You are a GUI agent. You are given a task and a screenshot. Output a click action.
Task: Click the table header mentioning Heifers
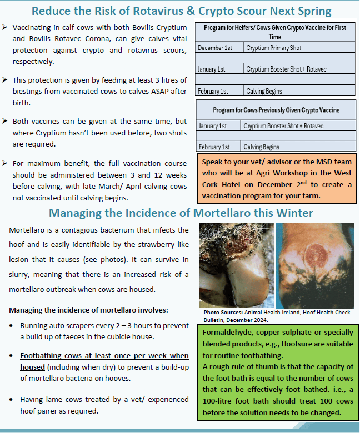click(x=275, y=32)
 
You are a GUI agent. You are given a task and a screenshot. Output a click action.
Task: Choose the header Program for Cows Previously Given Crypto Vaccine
click(x=276, y=110)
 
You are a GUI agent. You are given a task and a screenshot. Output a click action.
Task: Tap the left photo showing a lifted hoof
click(x=236, y=265)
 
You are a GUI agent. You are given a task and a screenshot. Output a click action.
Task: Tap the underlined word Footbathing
click(x=43, y=355)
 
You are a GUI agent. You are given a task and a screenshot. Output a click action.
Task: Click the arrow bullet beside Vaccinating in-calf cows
click(x=5, y=27)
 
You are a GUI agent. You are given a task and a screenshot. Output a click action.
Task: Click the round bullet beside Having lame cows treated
click(x=12, y=399)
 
